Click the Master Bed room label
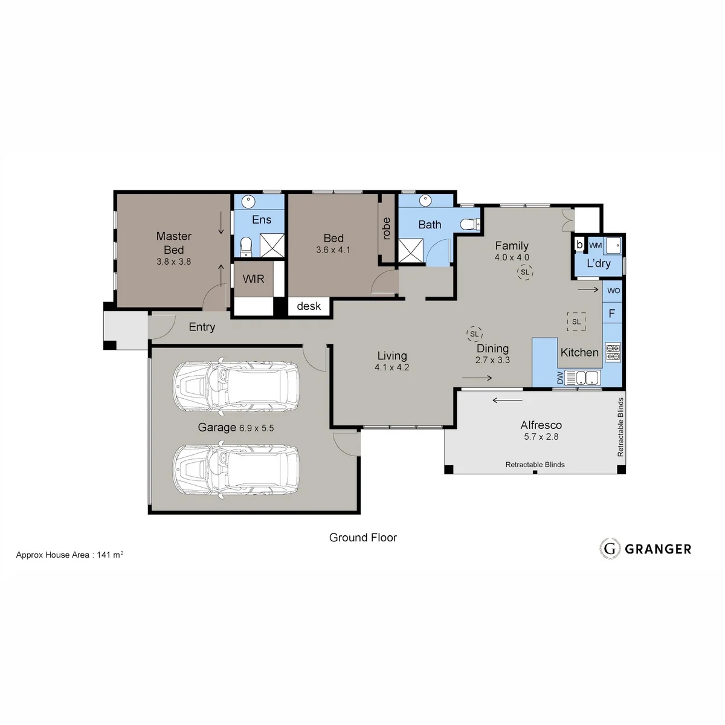pyautogui.click(x=174, y=243)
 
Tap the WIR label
pyautogui.click(x=253, y=279)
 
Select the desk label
pyautogui.click(x=309, y=306)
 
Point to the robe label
pyautogui.click(x=387, y=228)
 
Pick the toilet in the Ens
pyautogui.click(x=246, y=246)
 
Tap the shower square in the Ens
pyautogui.click(x=272, y=245)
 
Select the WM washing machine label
pyautogui.click(x=595, y=245)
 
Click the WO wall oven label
pyautogui.click(x=613, y=291)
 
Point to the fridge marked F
pyautogui.click(x=612, y=314)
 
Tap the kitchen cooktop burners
pyautogui.click(x=613, y=352)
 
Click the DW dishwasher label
pyautogui.click(x=560, y=378)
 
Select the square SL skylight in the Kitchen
pyautogui.click(x=576, y=321)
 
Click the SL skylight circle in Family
pyautogui.click(x=525, y=272)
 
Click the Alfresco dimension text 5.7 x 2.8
pyautogui.click(x=541, y=437)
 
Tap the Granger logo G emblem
pyautogui.click(x=610, y=549)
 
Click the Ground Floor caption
pyautogui.click(x=362, y=538)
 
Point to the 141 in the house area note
pyautogui.click(x=103, y=555)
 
